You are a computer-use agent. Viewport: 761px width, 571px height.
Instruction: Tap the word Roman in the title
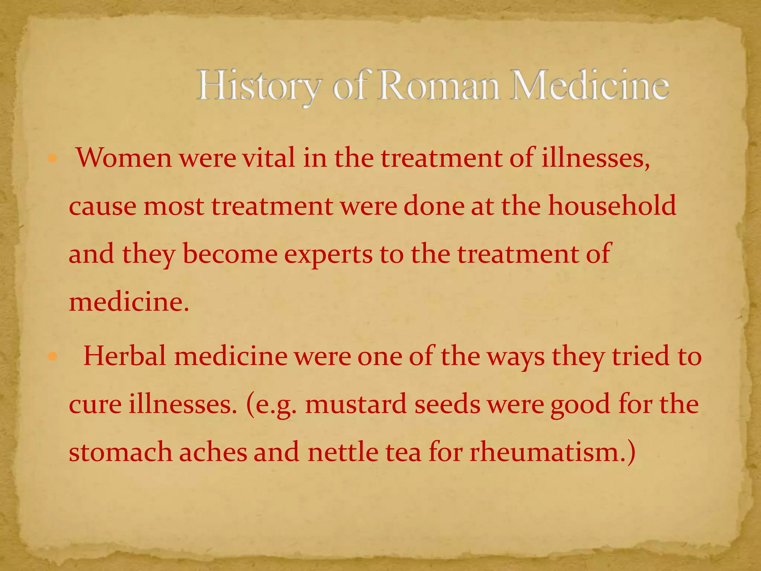point(438,86)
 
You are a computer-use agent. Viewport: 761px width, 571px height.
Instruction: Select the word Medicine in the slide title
point(589,86)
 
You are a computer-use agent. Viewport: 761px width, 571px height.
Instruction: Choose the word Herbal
point(124,356)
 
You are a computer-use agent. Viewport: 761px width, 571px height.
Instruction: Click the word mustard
point(356,404)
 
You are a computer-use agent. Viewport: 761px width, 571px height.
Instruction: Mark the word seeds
point(447,404)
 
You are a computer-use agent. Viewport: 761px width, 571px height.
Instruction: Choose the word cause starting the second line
point(103,207)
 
